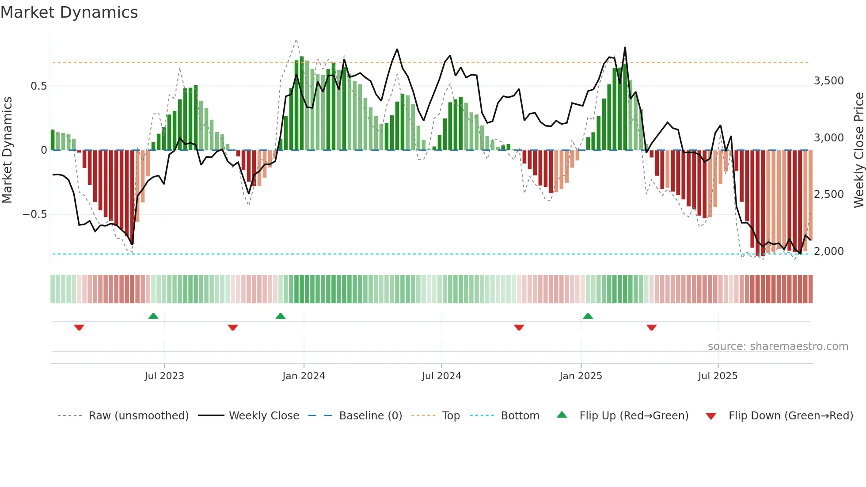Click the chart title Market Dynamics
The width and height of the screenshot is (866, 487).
coord(69,12)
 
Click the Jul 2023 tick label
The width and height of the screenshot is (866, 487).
coord(164,376)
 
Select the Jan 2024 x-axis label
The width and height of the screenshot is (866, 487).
coord(304,376)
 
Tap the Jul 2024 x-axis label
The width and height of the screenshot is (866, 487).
coord(441,376)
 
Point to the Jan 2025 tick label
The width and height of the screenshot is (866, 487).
coord(581,376)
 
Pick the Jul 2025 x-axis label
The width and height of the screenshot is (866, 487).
coord(718,376)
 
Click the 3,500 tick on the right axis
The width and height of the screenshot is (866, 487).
coord(828,81)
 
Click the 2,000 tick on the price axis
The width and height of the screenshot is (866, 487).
coord(828,251)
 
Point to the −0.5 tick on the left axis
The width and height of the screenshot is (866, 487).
coord(35,214)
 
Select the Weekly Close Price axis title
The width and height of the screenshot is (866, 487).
coord(858,150)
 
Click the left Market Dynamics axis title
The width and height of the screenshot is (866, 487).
coord(7,150)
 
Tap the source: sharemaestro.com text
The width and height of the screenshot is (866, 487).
coord(778,346)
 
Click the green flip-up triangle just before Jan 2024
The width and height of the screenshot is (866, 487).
coord(281,316)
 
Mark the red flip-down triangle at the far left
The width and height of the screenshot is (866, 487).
coord(79,327)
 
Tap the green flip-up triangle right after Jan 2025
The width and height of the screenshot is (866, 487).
coord(588,316)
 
